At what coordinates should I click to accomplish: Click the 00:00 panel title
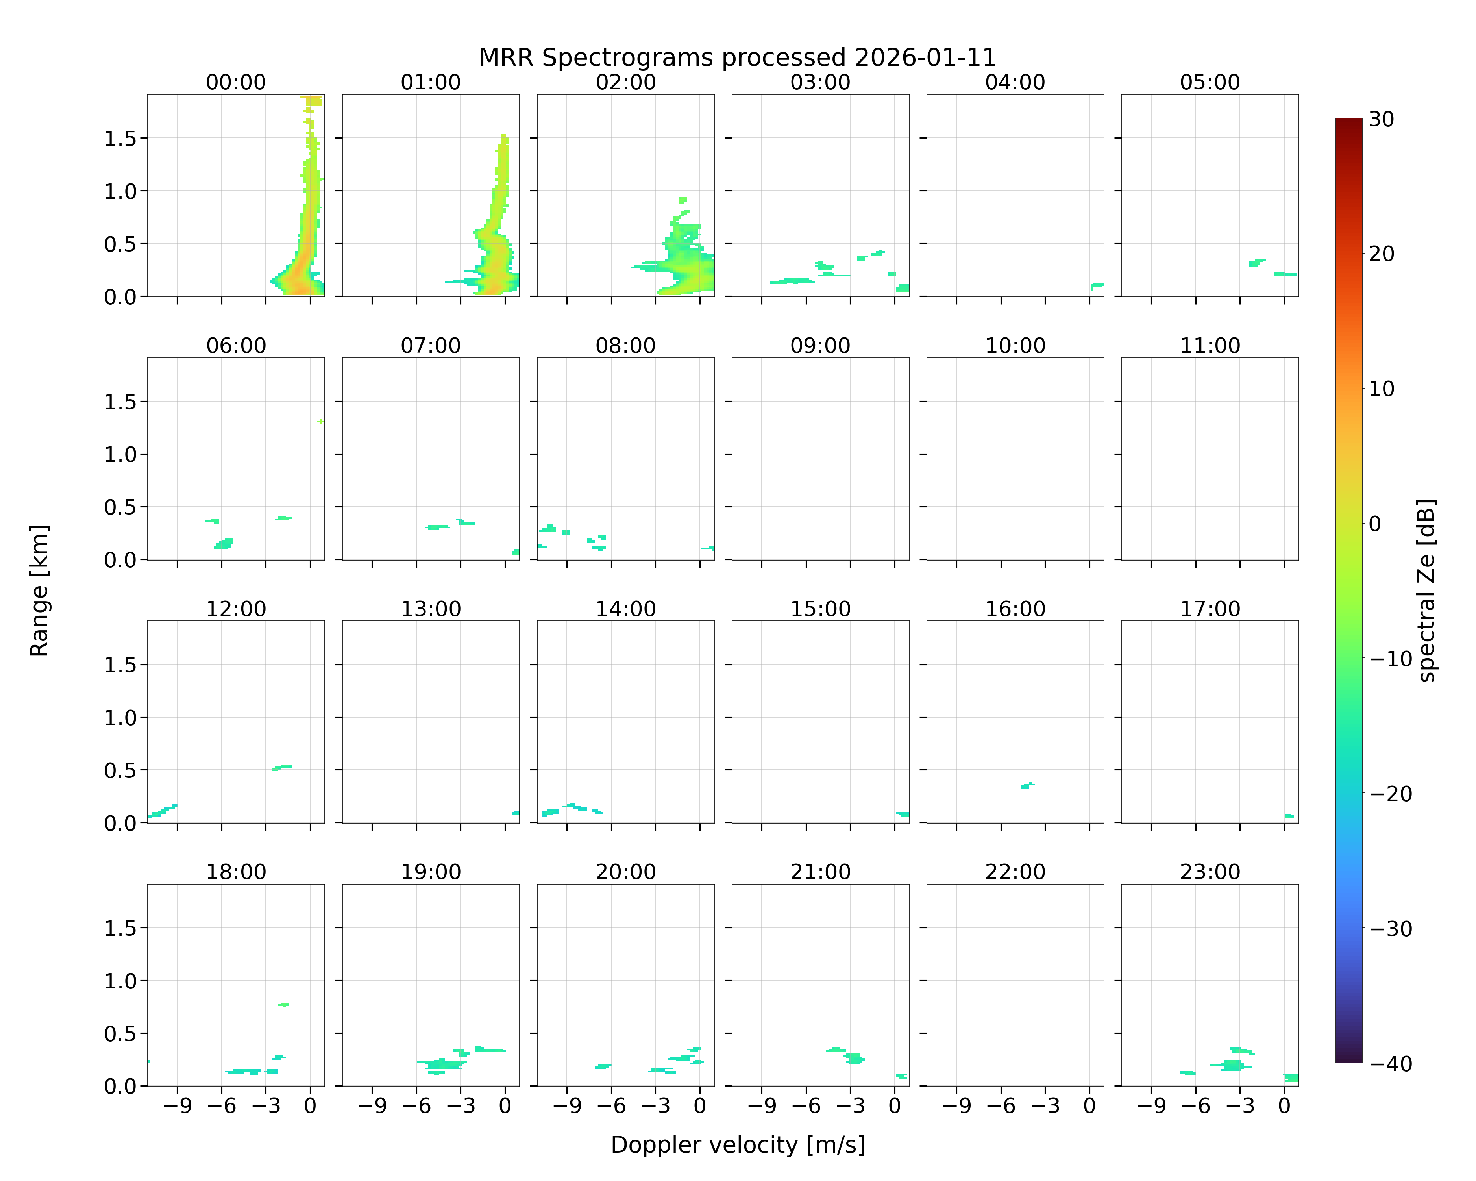point(236,82)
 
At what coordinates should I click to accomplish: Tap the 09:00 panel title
point(820,346)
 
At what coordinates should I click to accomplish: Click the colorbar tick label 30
point(1382,119)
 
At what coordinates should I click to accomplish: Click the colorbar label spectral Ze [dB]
point(1426,591)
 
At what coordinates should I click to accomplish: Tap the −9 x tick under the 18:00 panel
point(177,1106)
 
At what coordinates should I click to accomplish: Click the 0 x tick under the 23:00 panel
point(1284,1106)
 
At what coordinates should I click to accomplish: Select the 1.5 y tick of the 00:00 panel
point(120,139)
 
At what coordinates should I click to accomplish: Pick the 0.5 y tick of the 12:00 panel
point(120,771)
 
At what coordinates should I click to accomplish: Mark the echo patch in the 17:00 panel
point(1289,815)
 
